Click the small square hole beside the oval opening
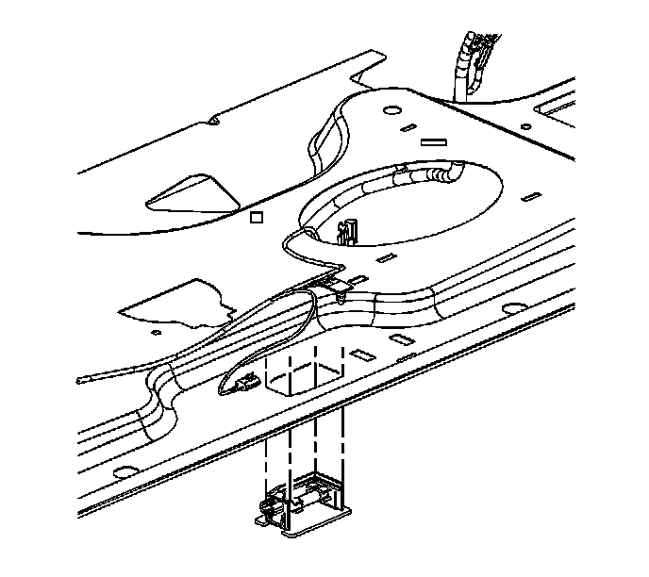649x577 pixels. [x=254, y=218]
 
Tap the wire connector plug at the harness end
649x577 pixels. [x=244, y=385]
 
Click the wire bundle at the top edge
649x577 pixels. [x=467, y=61]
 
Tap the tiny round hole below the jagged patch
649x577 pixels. [x=156, y=332]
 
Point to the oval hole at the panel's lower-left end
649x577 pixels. [x=120, y=471]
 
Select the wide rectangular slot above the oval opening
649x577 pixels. [x=433, y=143]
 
